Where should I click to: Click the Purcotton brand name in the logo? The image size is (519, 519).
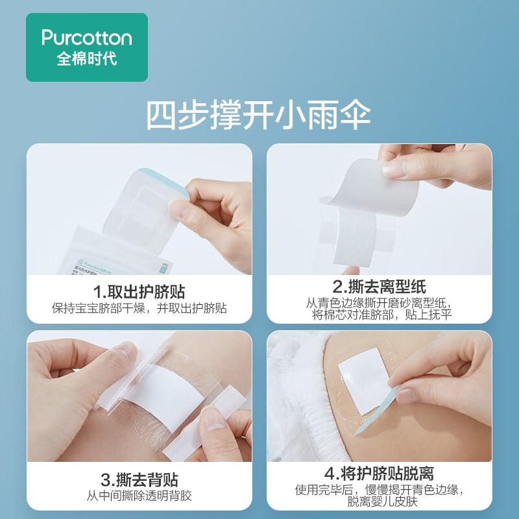click(x=86, y=38)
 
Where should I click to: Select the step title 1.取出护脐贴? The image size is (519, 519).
click(x=139, y=290)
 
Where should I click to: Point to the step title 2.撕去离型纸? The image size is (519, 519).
click(x=379, y=287)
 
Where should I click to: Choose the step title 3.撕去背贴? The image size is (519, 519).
click(x=139, y=481)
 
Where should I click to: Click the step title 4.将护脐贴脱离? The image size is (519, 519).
click(x=379, y=474)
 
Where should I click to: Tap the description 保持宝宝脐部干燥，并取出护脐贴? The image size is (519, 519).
click(x=139, y=308)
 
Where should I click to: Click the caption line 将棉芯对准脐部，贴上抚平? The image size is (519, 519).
click(x=379, y=315)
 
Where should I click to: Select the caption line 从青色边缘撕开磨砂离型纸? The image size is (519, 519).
click(x=379, y=303)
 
